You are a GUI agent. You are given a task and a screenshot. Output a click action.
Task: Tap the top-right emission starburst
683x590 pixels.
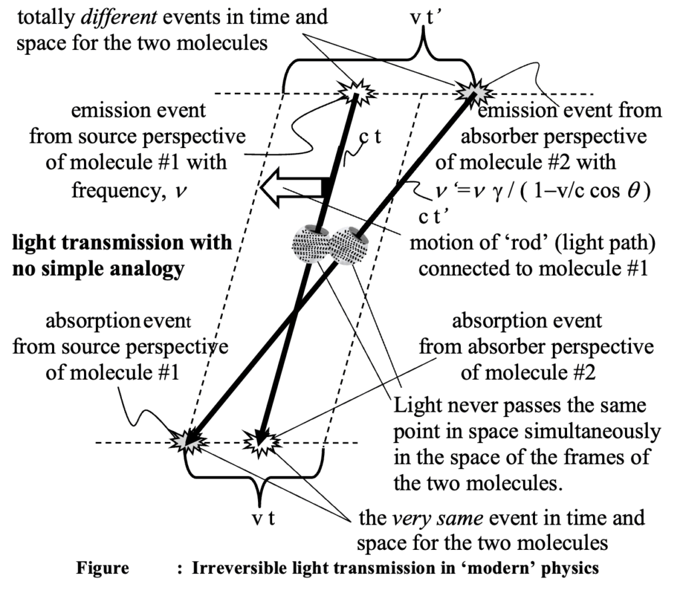474,89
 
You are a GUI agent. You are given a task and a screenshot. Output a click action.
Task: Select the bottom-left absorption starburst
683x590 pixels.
186,438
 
